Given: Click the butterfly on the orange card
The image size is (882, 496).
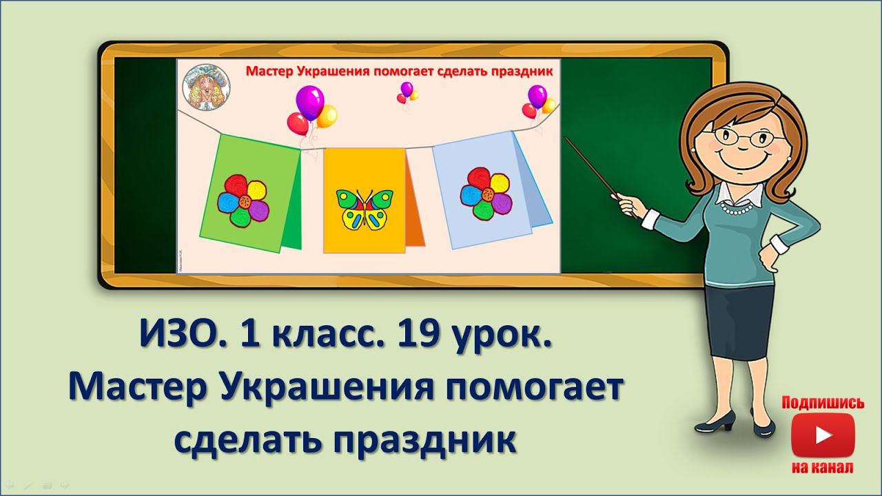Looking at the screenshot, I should tap(364, 210).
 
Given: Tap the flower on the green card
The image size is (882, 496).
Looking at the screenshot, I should tap(242, 200).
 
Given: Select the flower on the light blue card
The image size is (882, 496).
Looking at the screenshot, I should tap(486, 195).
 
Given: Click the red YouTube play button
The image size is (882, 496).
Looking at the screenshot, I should tap(822, 436).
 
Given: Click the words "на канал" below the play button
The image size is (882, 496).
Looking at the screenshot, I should tap(823, 468).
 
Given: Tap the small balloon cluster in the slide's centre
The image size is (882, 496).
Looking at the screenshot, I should tap(407, 92).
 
